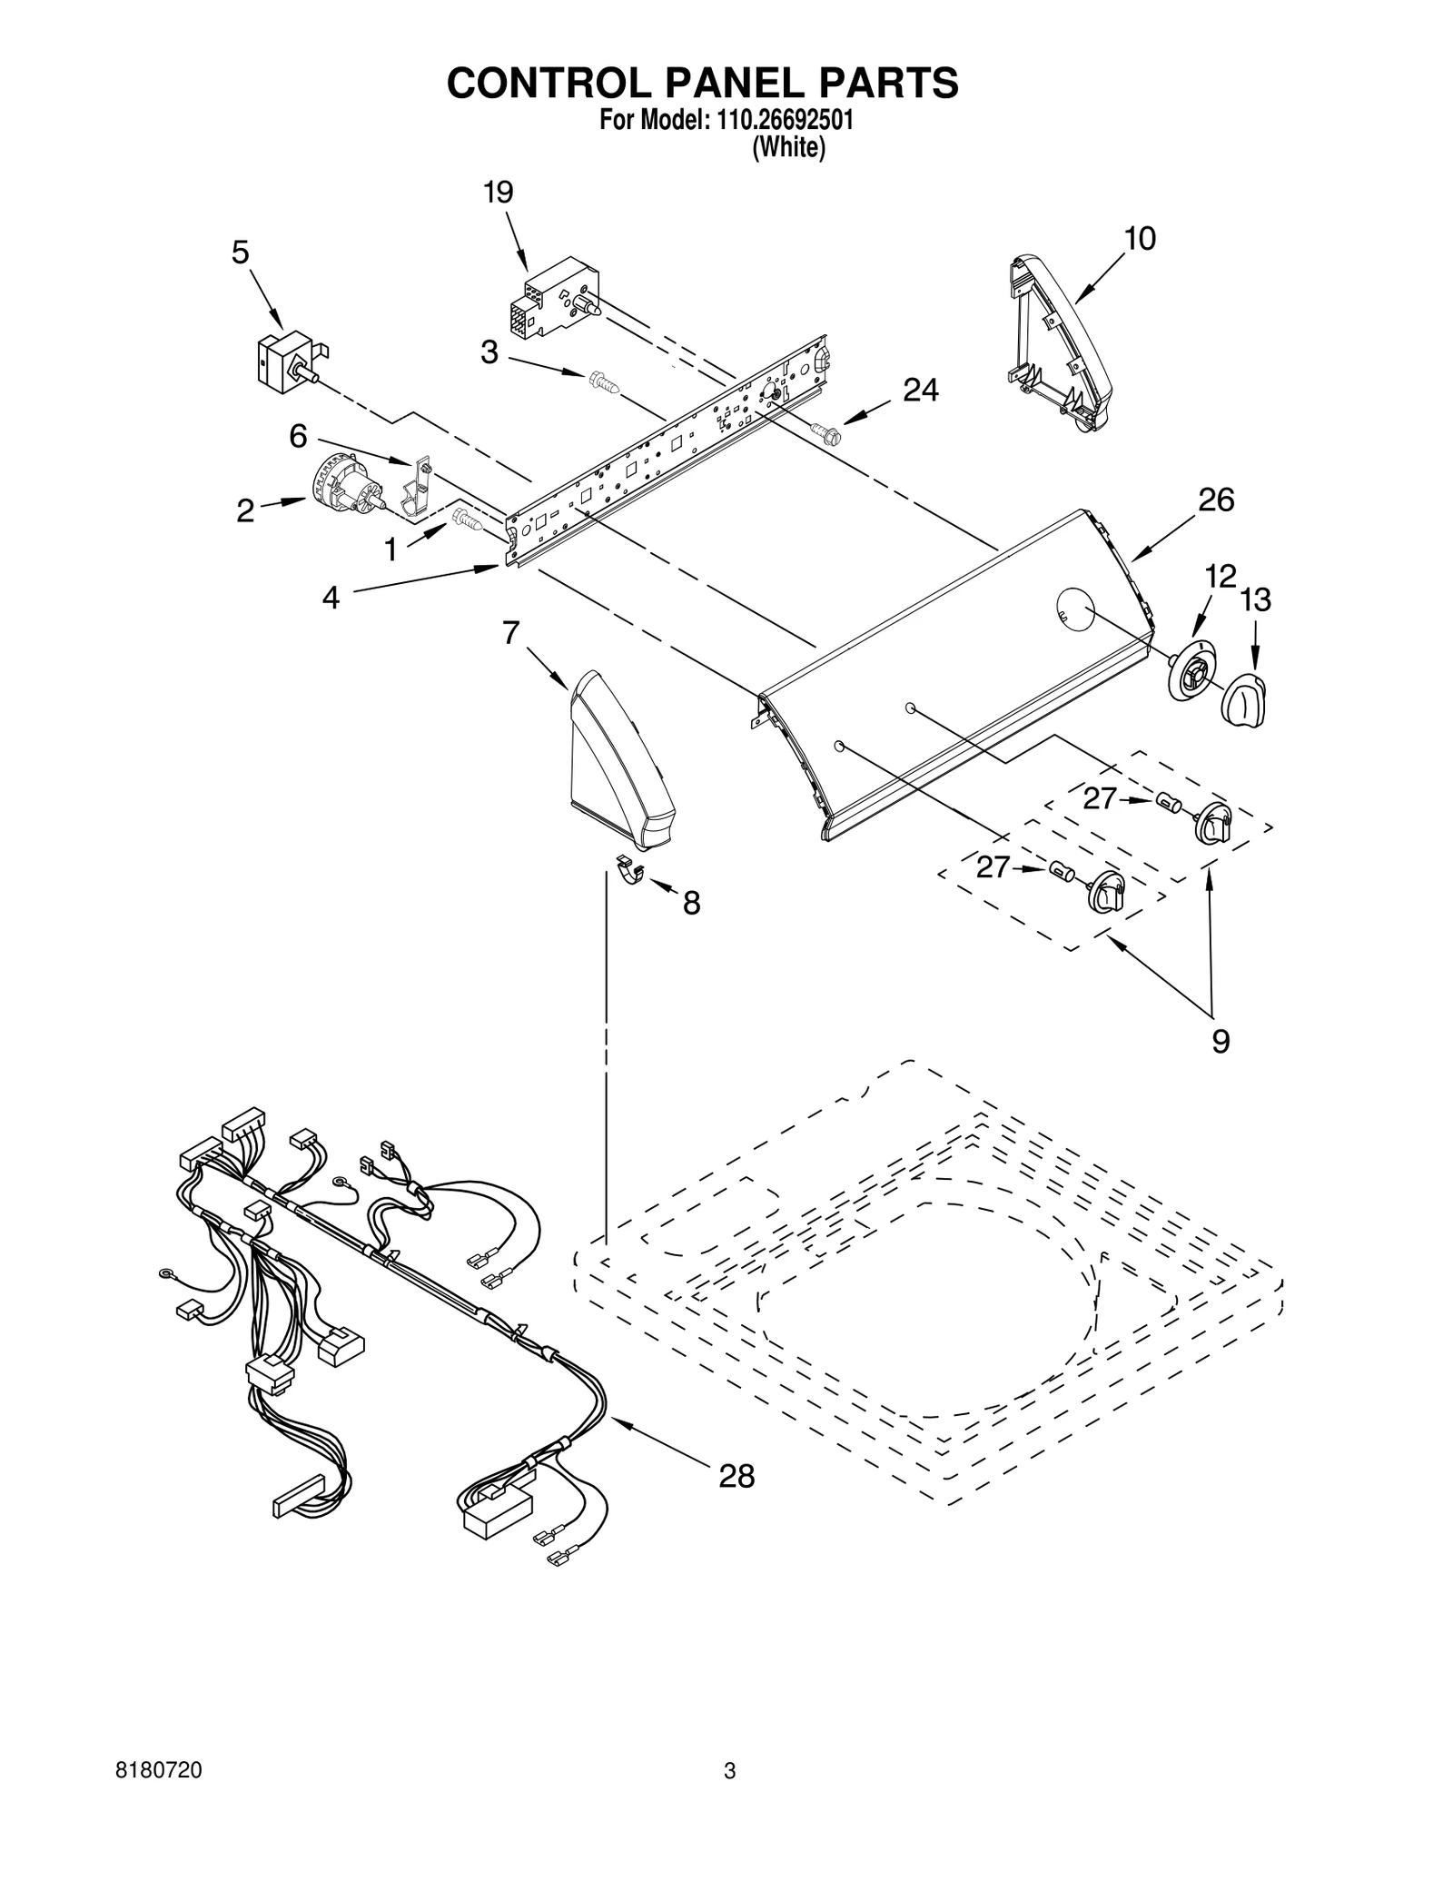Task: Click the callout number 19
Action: (498, 193)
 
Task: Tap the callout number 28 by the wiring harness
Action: (736, 1477)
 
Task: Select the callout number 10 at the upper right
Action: (1140, 239)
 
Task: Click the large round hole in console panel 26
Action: (1075, 609)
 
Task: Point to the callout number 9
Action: (1220, 1041)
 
